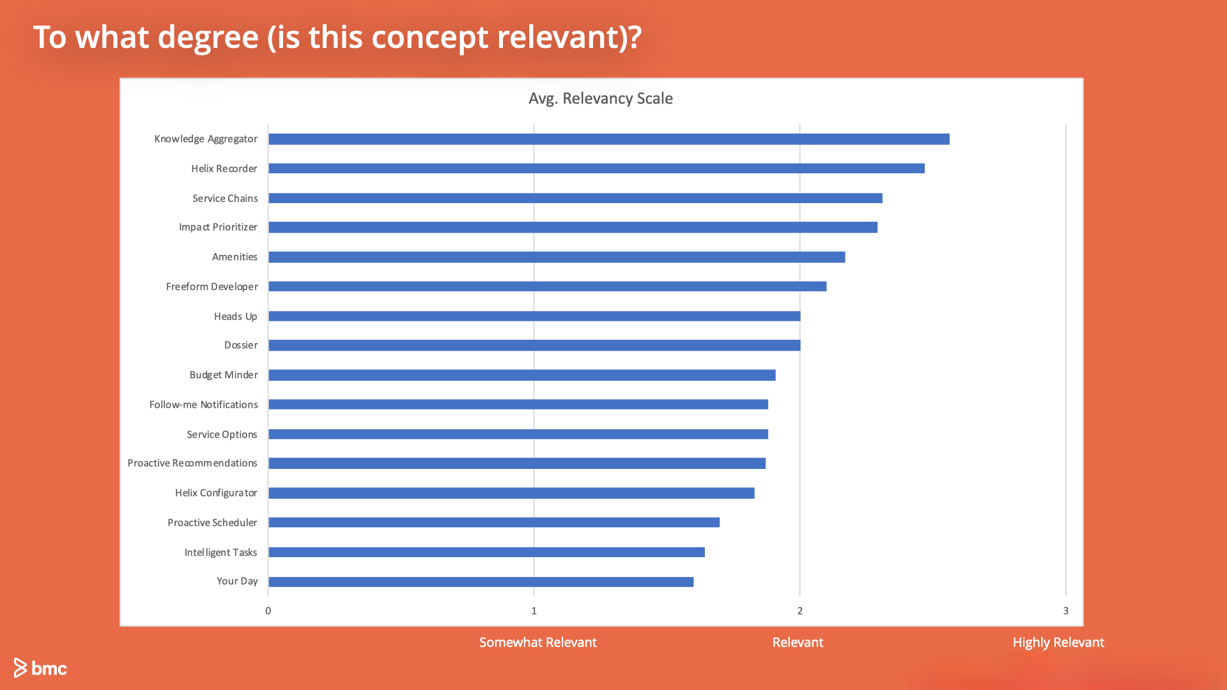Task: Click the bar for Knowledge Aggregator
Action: pos(608,139)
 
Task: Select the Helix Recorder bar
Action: pos(596,169)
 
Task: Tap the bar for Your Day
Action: pos(481,582)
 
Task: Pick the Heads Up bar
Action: pos(534,316)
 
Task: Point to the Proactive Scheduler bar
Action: pos(494,523)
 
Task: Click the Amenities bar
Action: pos(557,257)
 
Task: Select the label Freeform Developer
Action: pos(212,287)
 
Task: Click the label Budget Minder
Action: pos(223,375)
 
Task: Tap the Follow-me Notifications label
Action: pos(203,405)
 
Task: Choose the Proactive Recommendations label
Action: pos(192,463)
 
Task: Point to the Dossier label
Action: pos(240,346)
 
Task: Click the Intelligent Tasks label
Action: pos(220,553)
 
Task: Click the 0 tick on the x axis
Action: pos(268,611)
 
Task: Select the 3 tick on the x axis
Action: pos(1065,611)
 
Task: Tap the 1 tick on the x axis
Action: pos(534,611)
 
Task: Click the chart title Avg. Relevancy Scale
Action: pos(600,98)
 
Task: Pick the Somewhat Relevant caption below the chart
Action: pos(537,643)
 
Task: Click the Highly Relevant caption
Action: pos(1058,643)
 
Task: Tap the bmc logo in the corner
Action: pos(40,668)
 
